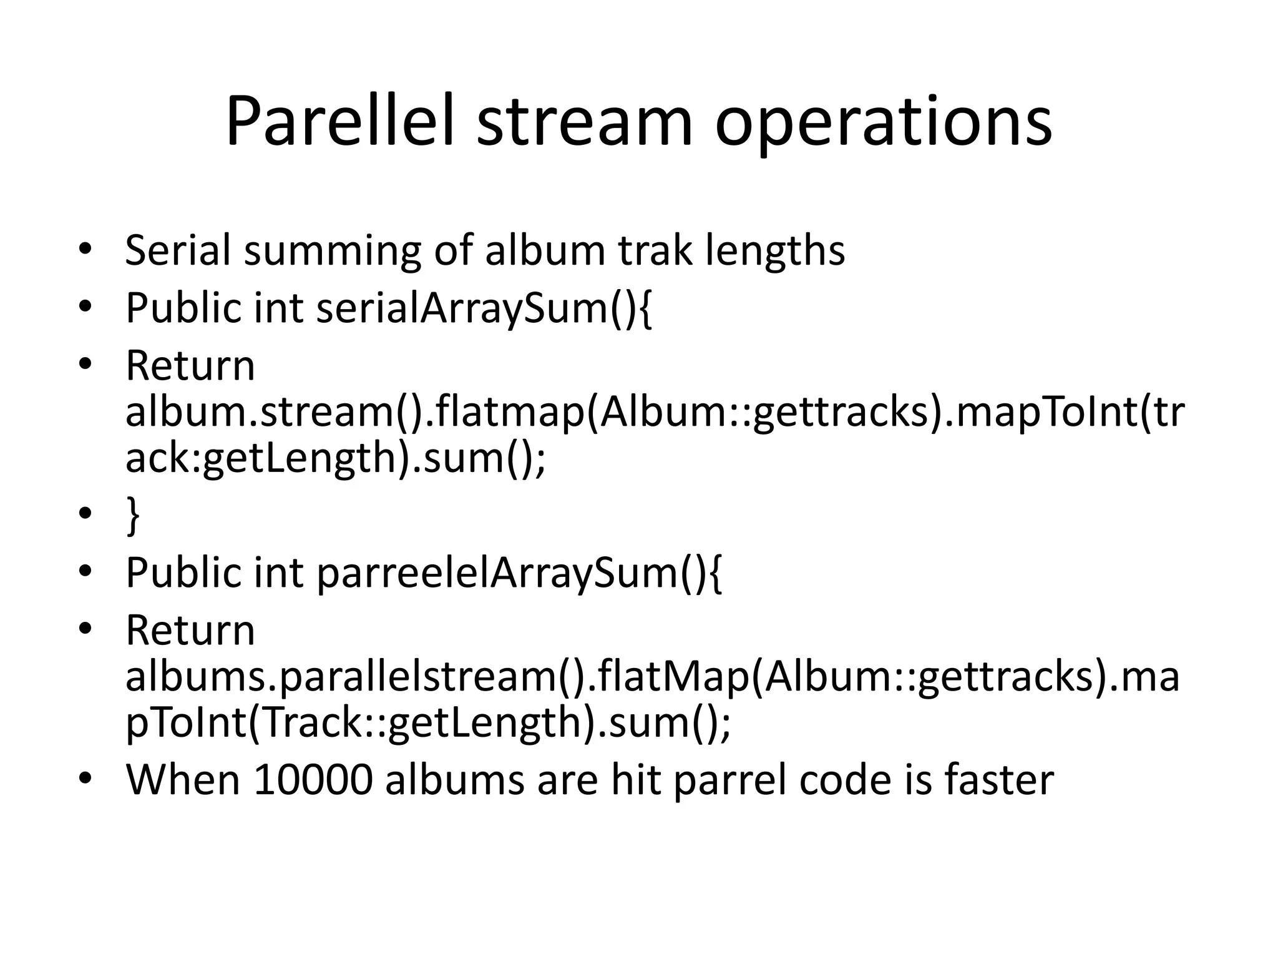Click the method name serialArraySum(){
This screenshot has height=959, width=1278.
(x=484, y=308)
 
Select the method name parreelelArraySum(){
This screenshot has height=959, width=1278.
(x=519, y=573)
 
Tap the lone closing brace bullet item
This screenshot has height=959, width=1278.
(x=132, y=515)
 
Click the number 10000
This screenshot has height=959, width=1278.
(x=313, y=780)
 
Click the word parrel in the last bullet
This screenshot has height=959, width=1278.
(x=729, y=780)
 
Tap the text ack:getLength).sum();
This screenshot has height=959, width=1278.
(x=335, y=458)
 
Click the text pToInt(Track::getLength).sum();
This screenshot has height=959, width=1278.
(x=427, y=722)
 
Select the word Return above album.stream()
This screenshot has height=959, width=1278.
(x=190, y=366)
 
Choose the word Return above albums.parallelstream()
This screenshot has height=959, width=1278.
(x=190, y=631)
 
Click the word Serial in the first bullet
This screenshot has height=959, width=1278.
(x=177, y=250)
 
